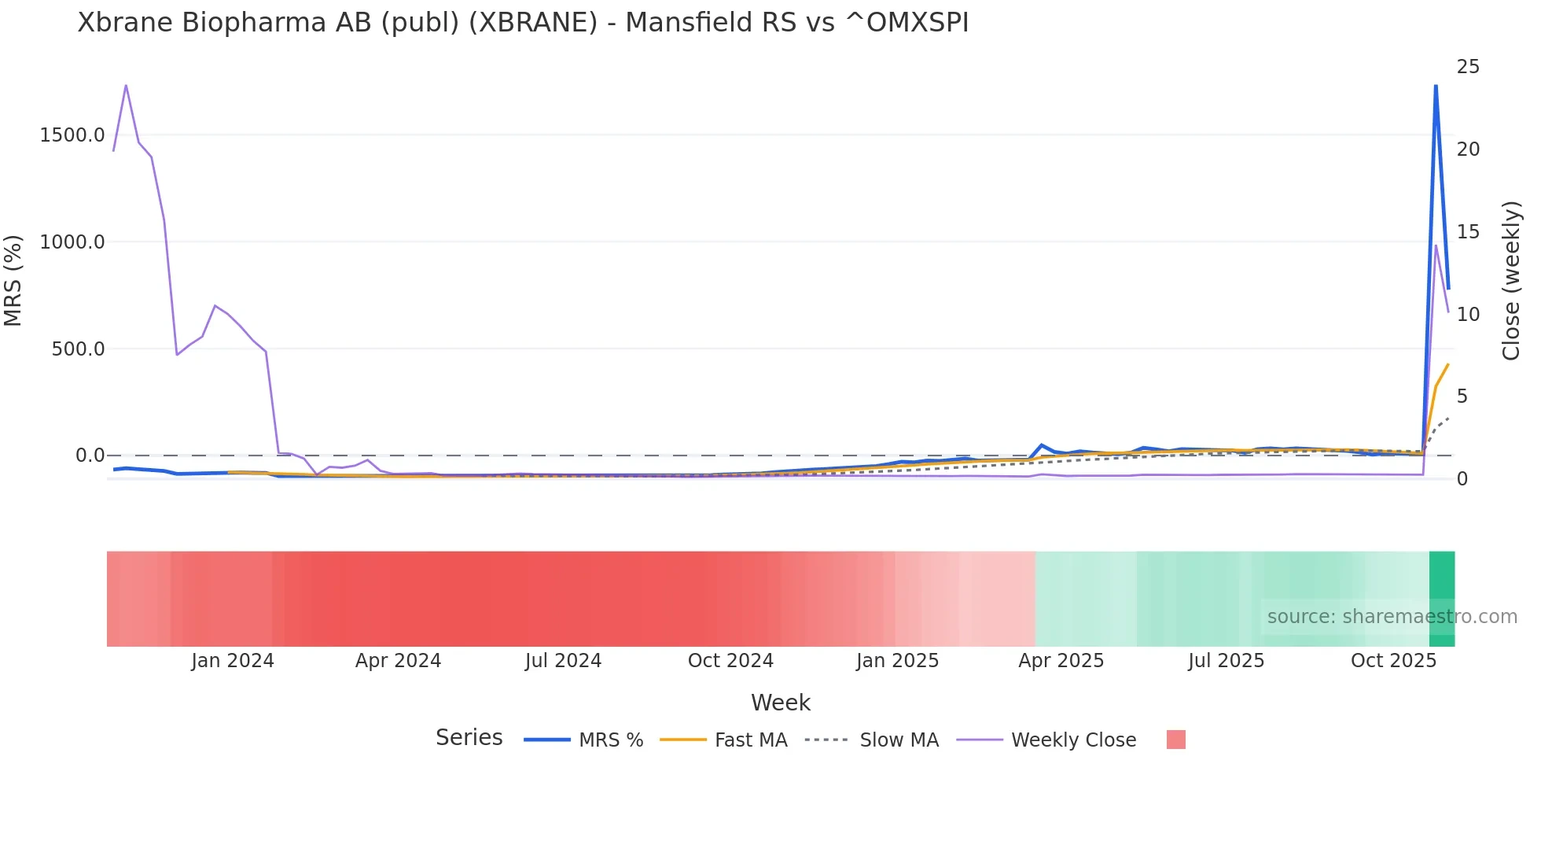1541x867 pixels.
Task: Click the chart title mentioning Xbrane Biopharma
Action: click(523, 23)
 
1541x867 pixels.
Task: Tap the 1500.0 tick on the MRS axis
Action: click(72, 135)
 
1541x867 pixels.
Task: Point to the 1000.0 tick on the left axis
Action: click(72, 242)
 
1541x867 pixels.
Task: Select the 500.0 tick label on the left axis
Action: click(78, 349)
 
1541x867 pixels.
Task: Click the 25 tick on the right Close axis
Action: click(1468, 67)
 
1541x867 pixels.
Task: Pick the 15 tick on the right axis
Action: click(1468, 232)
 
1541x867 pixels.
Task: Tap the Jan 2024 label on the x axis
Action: click(233, 661)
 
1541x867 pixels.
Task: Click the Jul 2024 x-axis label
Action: click(563, 661)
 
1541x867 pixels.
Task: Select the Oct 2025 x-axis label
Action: click(1393, 661)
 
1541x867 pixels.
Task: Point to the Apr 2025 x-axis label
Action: click(1061, 661)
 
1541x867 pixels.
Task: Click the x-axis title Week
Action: click(780, 703)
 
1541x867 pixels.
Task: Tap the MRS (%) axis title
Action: click(13, 280)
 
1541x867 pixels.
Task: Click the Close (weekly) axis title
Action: click(1511, 281)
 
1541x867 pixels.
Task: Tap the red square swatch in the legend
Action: click(1175, 740)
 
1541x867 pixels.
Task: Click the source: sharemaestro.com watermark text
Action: click(1392, 617)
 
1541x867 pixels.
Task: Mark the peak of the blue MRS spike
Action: click(1436, 85)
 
